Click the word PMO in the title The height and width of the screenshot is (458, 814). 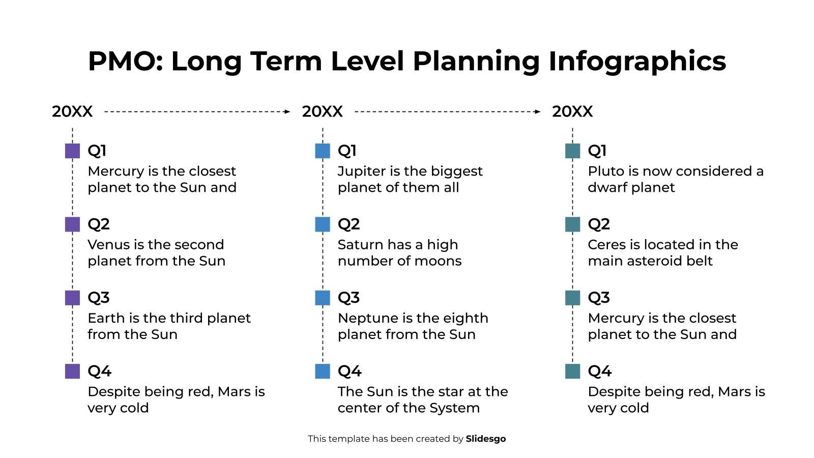click(124, 61)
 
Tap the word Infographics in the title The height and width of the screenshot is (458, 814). click(637, 61)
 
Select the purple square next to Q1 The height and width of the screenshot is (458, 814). click(72, 151)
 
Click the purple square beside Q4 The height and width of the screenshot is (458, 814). click(72, 371)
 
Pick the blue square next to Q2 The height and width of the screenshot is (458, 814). click(323, 224)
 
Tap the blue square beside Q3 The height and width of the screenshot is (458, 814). click(323, 298)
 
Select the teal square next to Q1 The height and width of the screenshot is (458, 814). click(572, 151)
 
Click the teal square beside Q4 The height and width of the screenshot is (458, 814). click(572, 371)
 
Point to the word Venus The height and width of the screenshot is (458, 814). click(108, 245)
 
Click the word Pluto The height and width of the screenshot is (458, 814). click(606, 171)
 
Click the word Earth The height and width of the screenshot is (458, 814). click(106, 318)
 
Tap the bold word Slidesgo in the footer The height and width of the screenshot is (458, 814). click(485, 439)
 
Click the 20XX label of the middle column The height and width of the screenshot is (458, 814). click(322, 111)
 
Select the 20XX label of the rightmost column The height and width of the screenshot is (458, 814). click(572, 111)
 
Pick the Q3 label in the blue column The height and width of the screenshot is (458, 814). click(348, 298)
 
